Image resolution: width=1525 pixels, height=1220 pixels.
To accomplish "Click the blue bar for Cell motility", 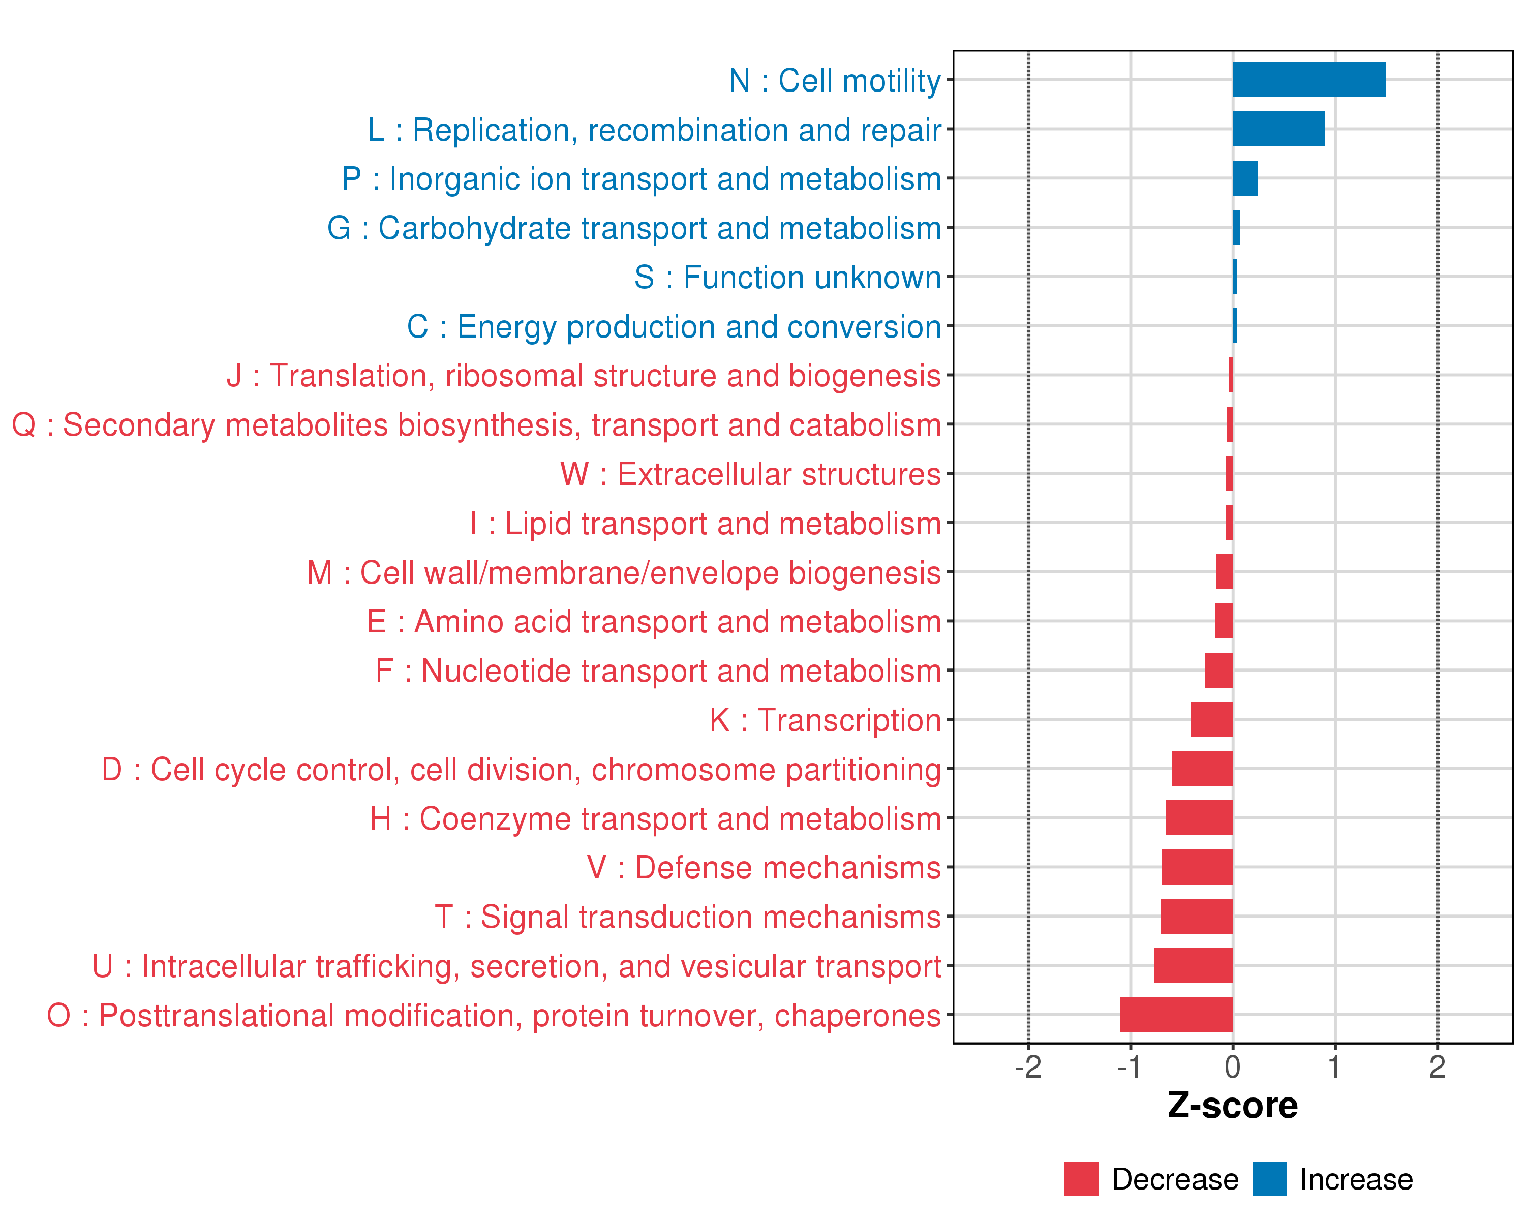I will point(1308,79).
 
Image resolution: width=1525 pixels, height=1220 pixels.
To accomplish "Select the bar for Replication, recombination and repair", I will point(1278,129).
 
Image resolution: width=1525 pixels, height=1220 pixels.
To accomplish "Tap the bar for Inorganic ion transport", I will point(1245,178).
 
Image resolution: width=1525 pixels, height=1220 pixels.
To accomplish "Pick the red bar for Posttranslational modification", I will point(1176,1014).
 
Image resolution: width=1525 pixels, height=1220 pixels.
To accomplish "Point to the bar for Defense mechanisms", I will point(1197,867).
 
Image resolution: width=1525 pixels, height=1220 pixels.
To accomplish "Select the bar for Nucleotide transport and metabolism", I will point(1218,670).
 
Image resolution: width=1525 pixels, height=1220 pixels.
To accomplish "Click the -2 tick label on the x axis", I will point(1028,1066).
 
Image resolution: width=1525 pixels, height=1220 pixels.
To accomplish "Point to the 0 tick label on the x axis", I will point(1232,1066).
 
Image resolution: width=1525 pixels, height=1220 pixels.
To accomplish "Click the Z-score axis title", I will point(1232,1106).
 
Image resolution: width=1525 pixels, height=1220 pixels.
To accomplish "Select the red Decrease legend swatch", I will point(1081,1179).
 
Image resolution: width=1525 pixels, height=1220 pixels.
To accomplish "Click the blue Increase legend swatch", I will point(1269,1179).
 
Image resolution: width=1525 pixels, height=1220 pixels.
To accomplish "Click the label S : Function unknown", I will point(787,277).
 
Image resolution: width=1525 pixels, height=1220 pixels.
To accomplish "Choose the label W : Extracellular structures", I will point(750,474).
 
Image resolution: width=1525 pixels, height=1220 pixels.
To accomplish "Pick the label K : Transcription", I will point(825,720).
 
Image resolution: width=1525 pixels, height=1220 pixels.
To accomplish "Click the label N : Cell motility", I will point(835,81).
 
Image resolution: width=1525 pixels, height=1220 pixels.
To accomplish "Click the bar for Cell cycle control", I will point(1202,769).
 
